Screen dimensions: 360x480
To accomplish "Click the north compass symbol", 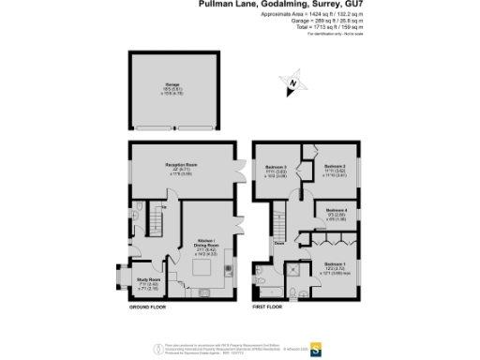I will tap(293, 84).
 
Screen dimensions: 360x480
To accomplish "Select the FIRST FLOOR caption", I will tap(269, 307).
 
